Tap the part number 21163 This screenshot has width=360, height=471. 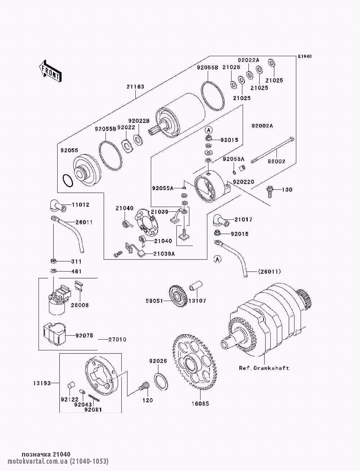pos(135,87)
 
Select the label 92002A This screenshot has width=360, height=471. pos(262,126)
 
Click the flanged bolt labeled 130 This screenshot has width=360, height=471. pos(269,190)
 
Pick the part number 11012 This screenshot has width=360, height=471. pos(81,205)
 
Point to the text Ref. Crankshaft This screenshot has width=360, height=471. pos(264,368)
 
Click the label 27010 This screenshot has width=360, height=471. pos(117,339)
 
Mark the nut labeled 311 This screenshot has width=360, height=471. pos(53,260)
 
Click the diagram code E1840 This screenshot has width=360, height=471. pos(304,57)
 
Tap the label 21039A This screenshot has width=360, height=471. pos(164,254)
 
